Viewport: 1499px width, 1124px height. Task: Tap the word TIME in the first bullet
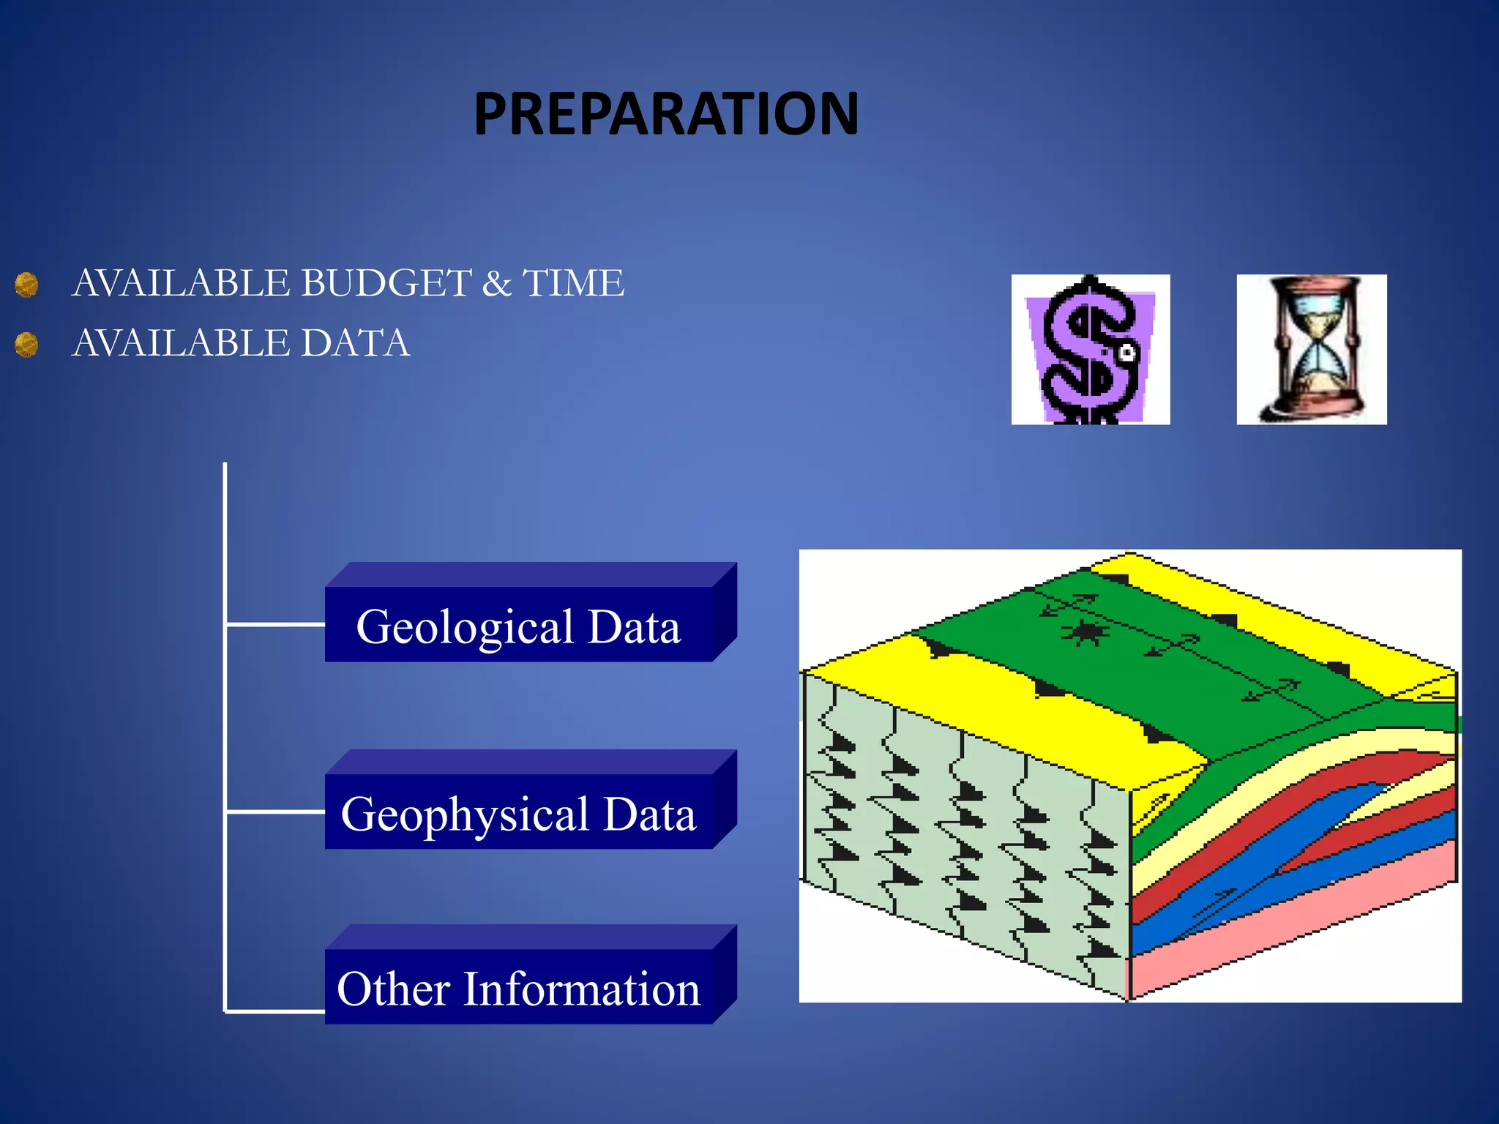click(x=573, y=283)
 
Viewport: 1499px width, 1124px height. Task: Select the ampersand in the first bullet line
click(x=496, y=284)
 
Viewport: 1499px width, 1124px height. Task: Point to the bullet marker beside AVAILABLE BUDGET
click(x=27, y=285)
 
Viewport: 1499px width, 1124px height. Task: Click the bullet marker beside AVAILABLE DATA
click(x=27, y=344)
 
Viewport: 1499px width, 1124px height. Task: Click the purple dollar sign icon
click(x=1090, y=350)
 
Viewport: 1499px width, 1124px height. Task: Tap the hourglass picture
click(x=1311, y=350)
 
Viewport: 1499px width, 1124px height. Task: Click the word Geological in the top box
click(x=465, y=627)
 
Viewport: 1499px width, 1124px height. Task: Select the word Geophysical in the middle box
click(x=465, y=814)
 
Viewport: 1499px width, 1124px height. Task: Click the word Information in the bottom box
click(x=582, y=989)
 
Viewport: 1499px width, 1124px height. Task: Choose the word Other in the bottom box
click(x=393, y=989)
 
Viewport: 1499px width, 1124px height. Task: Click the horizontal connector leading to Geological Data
click(x=275, y=624)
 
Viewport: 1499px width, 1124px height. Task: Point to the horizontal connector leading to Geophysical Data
click(x=275, y=812)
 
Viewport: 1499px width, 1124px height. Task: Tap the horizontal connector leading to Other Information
click(x=275, y=1011)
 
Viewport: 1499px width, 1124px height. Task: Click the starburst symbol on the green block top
click(x=1084, y=632)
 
